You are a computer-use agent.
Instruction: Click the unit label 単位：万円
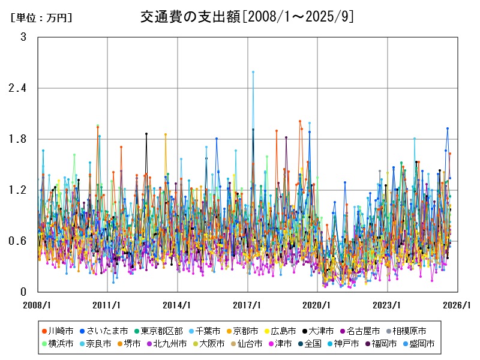coord(41,17)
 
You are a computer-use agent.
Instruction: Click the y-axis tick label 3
coord(23,37)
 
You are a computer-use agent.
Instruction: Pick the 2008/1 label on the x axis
coord(38,305)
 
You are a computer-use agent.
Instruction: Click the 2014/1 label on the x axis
coord(178,305)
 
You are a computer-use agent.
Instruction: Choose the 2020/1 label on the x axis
coord(317,305)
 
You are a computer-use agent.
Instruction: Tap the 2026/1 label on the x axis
coord(457,305)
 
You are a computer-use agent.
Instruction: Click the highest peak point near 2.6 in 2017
coord(253,72)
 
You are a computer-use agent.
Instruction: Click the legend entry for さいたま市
coord(103,331)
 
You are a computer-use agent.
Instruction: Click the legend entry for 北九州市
coord(154,344)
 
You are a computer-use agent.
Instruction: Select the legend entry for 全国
coord(310,344)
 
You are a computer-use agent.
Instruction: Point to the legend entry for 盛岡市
coord(418,344)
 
